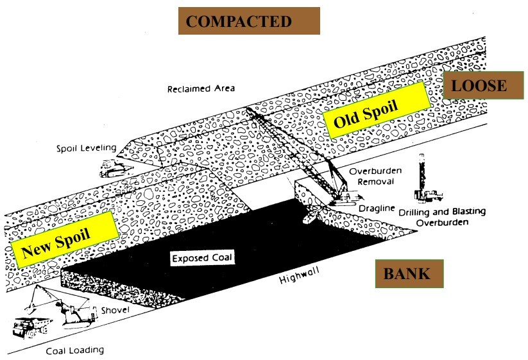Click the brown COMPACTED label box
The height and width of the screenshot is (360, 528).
[249, 21]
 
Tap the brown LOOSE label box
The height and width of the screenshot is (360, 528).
[483, 85]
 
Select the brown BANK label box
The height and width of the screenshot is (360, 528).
[409, 273]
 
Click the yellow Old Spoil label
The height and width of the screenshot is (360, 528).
[377, 110]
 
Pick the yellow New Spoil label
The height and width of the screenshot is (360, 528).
[65, 240]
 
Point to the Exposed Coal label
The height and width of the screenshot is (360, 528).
[202, 258]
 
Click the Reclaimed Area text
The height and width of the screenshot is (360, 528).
[201, 89]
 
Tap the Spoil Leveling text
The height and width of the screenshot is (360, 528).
[86, 148]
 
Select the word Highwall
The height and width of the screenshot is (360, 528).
[300, 276]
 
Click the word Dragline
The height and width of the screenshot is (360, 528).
[377, 209]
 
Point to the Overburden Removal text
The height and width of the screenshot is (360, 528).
[375, 176]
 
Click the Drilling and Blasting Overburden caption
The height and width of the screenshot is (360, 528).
[442, 217]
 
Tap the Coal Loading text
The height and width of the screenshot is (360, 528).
[75, 350]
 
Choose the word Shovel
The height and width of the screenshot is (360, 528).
[115, 310]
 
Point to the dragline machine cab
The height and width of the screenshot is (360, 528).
[345, 197]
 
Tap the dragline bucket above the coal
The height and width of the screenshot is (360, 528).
[311, 216]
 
